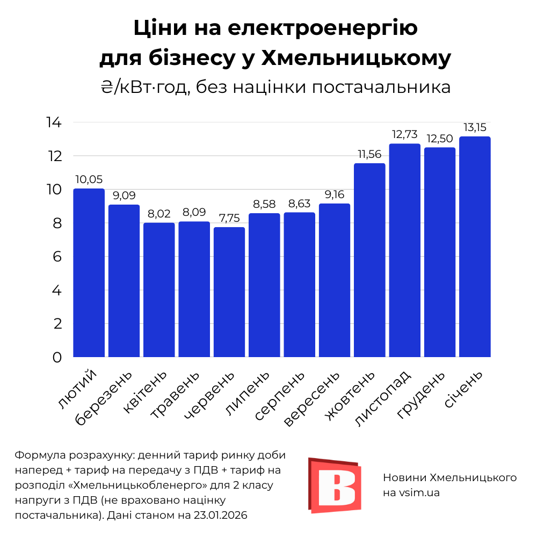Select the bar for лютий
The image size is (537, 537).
(89, 273)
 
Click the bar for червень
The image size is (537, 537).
(229, 292)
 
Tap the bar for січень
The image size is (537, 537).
(475, 247)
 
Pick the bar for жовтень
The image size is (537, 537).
(369, 260)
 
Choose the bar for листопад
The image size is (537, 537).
(405, 250)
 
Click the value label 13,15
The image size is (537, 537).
(475, 128)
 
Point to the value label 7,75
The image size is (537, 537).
(229, 219)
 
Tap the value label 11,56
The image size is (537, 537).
(369, 155)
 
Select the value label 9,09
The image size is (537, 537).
(124, 196)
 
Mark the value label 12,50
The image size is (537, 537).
(440, 139)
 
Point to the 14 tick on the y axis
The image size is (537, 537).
(54, 122)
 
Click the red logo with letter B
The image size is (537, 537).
(334, 485)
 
